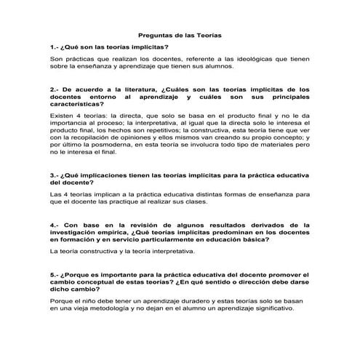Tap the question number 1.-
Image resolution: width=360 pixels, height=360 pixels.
coord(55,46)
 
